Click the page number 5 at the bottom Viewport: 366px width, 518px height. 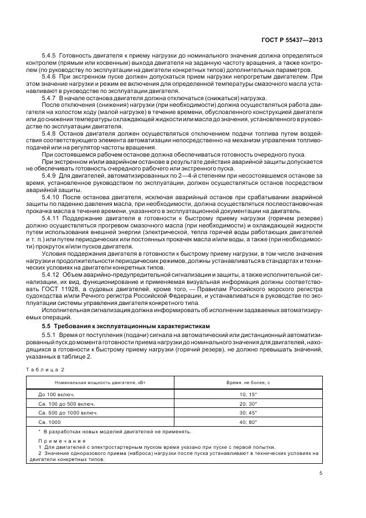(321, 473)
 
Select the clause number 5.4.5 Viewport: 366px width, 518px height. (49, 56)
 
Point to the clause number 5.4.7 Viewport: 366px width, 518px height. (49, 96)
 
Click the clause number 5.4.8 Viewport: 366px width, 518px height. (49, 133)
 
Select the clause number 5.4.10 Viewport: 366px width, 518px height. (51, 196)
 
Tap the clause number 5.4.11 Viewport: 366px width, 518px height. (51, 220)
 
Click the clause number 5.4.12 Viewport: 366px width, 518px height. (51, 274)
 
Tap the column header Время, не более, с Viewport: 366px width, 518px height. (247, 383)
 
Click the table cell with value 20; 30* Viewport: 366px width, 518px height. (247, 403)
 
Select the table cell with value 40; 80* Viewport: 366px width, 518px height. (247, 422)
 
